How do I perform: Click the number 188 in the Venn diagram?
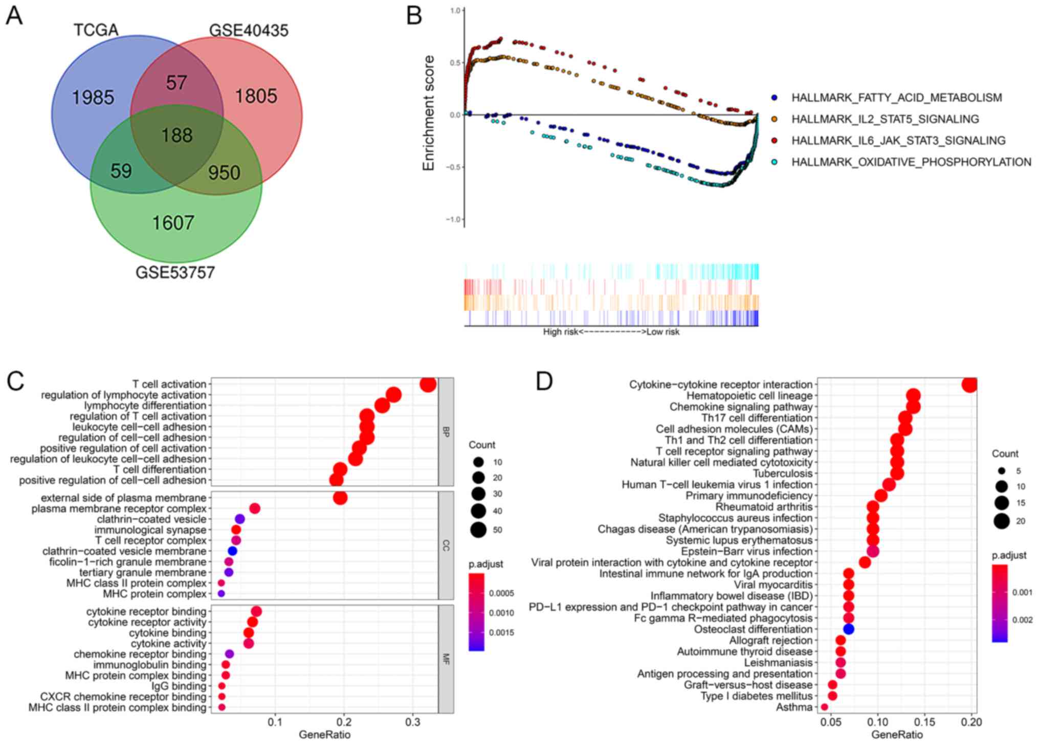[177, 136]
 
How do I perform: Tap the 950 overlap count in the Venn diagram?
[224, 173]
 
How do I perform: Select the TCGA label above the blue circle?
[96, 30]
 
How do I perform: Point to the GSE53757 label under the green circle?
[175, 273]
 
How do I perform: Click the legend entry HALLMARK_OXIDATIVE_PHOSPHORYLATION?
[911, 162]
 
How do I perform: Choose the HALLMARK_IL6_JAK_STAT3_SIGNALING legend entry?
[898, 141]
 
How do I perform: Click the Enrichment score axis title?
[428, 113]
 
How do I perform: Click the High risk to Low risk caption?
[611, 332]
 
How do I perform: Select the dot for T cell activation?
[428, 384]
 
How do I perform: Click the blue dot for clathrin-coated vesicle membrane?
[232, 551]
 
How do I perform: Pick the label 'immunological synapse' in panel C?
[150, 530]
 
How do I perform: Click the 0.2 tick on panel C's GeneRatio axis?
[344, 722]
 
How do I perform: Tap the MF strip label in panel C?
[446, 659]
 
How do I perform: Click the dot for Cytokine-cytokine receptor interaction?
[969, 385]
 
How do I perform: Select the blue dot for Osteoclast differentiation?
[849, 629]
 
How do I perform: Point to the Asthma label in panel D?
[794, 707]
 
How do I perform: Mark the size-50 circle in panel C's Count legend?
[478, 530]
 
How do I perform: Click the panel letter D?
[544, 381]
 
